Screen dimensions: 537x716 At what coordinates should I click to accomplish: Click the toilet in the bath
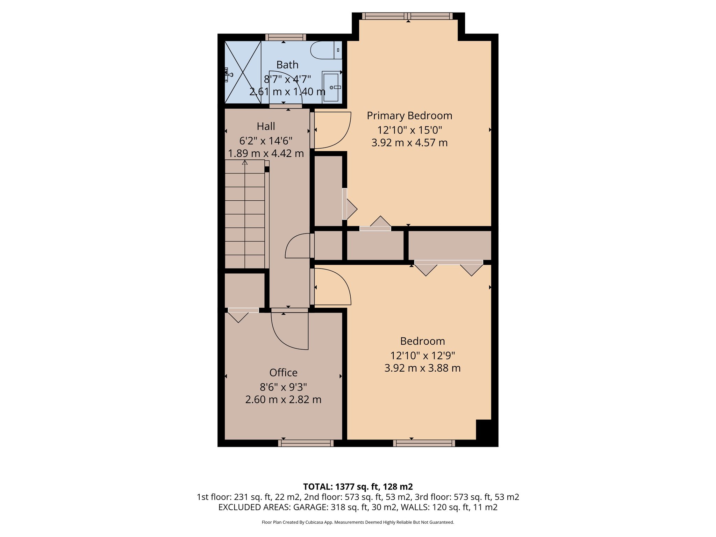(x=325, y=50)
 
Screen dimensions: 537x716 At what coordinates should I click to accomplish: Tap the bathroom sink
(x=331, y=87)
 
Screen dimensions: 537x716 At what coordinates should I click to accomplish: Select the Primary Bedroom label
(x=409, y=116)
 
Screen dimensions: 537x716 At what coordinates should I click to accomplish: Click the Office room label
(x=283, y=373)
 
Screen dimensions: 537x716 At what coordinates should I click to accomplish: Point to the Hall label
(x=266, y=126)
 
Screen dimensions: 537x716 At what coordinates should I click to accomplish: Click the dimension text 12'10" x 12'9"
(x=422, y=356)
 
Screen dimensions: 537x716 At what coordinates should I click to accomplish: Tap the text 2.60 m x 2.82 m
(x=283, y=400)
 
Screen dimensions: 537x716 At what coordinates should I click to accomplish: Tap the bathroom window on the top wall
(x=285, y=37)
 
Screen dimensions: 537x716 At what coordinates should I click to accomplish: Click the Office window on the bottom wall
(x=306, y=443)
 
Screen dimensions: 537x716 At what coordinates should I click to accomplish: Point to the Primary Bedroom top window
(x=407, y=16)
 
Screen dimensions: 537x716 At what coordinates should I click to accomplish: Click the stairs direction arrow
(x=245, y=163)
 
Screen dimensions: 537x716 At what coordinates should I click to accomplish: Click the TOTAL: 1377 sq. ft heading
(x=358, y=487)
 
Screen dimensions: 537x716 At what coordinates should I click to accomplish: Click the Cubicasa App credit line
(x=358, y=522)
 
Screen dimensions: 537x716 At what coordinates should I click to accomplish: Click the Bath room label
(x=287, y=65)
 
